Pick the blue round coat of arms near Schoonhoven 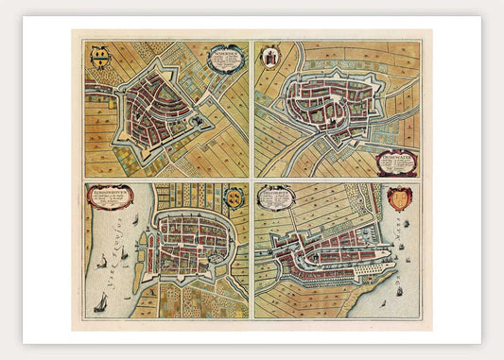234,197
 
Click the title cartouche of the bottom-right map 275,197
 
